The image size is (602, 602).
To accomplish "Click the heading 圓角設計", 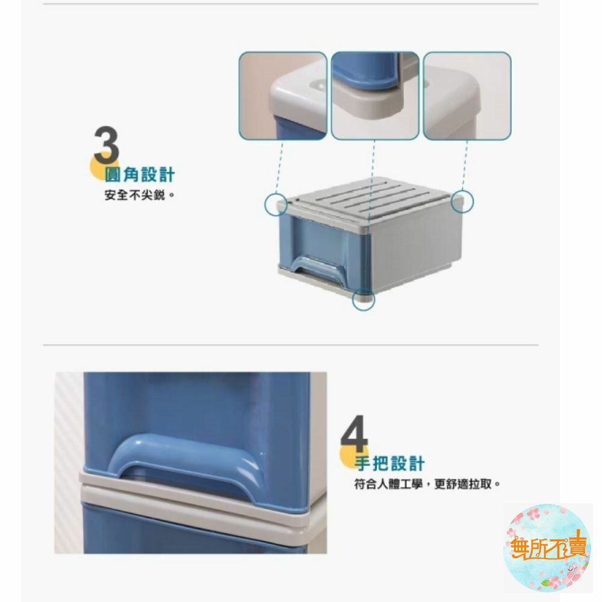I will click(x=140, y=175).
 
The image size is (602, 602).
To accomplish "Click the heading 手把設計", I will click(x=389, y=464).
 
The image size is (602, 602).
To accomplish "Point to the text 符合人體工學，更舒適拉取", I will click(x=427, y=483).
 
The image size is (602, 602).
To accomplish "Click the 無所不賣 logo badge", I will click(x=547, y=547).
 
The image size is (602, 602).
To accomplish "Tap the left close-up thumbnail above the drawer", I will click(x=283, y=96).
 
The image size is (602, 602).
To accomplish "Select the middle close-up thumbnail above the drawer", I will click(x=374, y=96).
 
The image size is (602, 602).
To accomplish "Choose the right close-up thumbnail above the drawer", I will click(x=467, y=96).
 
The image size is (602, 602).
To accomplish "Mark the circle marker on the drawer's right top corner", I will click(x=463, y=201).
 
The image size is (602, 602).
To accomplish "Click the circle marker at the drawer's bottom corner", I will click(x=363, y=300).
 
